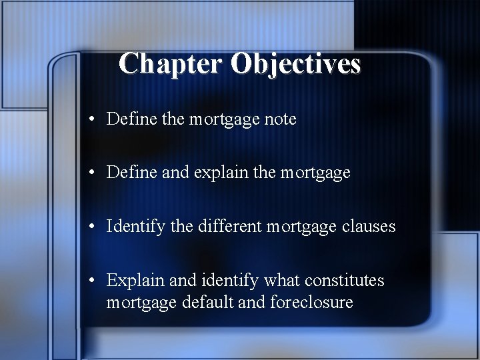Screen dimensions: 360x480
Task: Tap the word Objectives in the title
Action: pos(296,64)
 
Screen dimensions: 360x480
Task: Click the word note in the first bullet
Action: pos(280,120)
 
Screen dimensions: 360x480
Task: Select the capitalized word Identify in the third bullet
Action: pos(135,227)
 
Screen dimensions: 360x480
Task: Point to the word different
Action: pos(231,226)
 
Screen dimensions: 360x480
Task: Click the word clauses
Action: pos(369,227)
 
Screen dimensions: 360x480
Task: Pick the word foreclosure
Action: pos(311,303)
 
